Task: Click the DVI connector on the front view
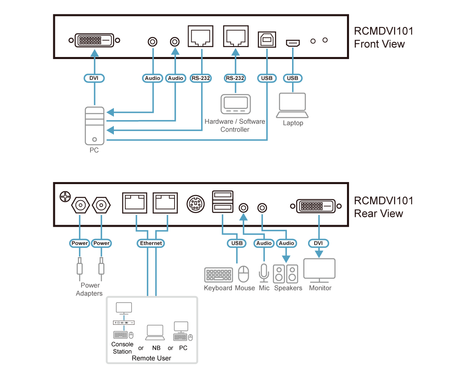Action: (x=95, y=40)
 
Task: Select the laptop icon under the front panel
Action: (x=292, y=105)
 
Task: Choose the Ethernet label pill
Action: (x=151, y=243)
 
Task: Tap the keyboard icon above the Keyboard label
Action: (x=218, y=275)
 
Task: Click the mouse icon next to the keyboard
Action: (x=244, y=274)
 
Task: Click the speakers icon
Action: (x=286, y=274)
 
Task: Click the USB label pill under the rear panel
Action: (x=237, y=243)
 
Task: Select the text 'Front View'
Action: (x=379, y=44)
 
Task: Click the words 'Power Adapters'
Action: (x=90, y=289)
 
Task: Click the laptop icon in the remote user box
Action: (x=155, y=333)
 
